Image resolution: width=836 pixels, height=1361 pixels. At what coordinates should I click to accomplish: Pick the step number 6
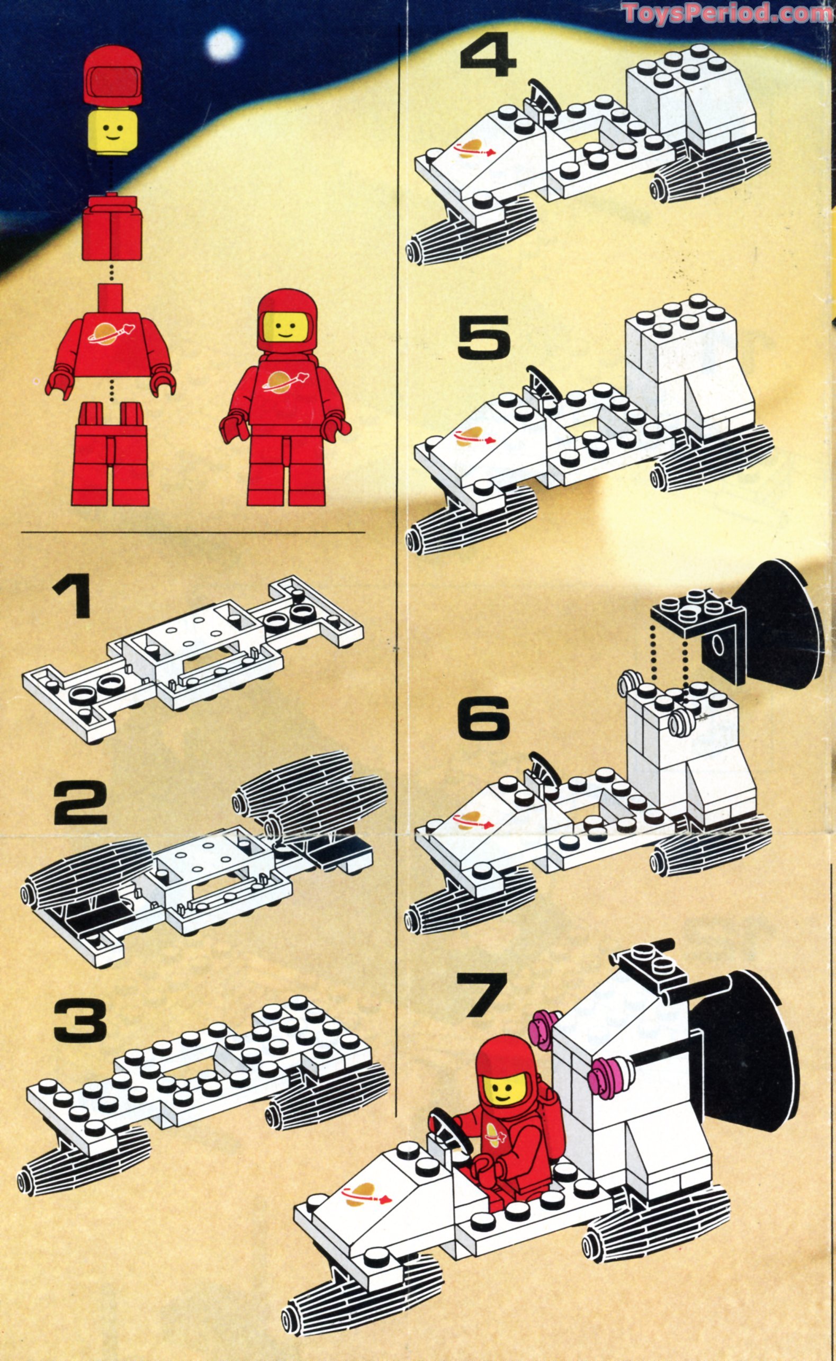pos(484,717)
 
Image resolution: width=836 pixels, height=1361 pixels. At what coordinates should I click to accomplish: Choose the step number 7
pos(481,994)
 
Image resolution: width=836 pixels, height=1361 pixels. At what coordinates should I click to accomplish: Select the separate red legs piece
pos(111,453)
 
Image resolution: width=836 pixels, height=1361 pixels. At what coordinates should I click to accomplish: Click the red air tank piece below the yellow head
pos(112,227)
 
